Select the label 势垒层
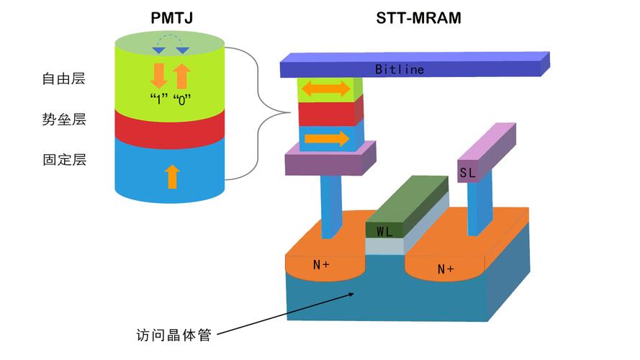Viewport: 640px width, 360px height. pos(64,120)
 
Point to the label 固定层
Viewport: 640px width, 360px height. pos(64,160)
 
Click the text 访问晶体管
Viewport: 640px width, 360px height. pos(173,336)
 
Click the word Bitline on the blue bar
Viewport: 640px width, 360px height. pos(400,70)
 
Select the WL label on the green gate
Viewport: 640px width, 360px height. pos(384,231)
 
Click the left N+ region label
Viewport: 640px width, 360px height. pos(321,265)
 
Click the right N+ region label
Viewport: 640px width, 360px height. pos(446,269)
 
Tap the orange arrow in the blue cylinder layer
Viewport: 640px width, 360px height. pos(171,176)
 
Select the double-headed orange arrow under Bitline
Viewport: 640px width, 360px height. pos(325,89)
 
